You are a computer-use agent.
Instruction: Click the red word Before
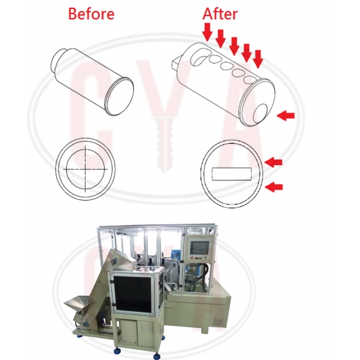point(91,14)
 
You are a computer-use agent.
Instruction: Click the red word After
point(220,14)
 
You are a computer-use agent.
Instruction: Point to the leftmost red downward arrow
point(208,32)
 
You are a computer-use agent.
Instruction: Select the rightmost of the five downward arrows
point(258,59)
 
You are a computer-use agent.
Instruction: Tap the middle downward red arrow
point(235,46)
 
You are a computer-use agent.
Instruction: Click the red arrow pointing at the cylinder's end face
point(285,115)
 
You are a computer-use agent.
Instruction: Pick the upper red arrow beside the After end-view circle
point(273,162)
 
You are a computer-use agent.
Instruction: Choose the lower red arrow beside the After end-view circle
point(274,187)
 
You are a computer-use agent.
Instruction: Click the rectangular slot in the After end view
point(231,174)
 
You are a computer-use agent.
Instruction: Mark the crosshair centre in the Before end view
point(85,170)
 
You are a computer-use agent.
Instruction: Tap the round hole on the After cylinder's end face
point(260,113)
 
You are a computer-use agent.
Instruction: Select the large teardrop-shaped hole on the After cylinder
point(199,57)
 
